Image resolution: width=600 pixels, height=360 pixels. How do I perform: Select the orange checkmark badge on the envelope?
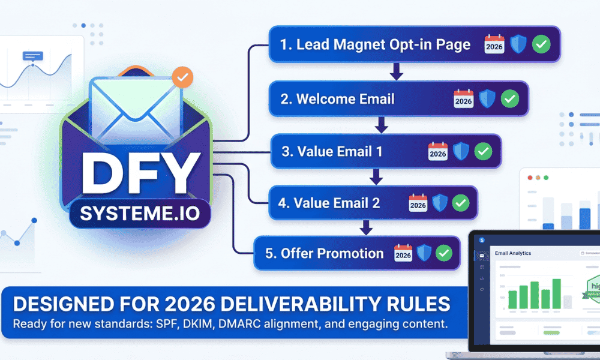182,78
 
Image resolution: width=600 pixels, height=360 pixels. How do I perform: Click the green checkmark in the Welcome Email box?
509,99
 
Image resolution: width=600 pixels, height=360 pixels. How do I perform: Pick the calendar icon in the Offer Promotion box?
403,253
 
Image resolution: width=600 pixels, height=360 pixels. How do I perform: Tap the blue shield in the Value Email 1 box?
461,151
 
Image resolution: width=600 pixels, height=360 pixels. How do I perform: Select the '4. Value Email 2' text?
329,203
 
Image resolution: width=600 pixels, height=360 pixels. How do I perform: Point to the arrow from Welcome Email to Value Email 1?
380,125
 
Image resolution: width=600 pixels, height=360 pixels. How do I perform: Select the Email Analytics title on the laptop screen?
513,253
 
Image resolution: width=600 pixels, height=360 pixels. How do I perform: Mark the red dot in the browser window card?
529,178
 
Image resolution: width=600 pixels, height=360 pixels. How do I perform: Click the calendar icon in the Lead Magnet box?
494,44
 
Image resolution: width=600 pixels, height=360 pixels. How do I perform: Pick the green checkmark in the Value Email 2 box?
460,203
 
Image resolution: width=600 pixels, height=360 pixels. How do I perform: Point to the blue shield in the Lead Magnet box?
518,44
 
